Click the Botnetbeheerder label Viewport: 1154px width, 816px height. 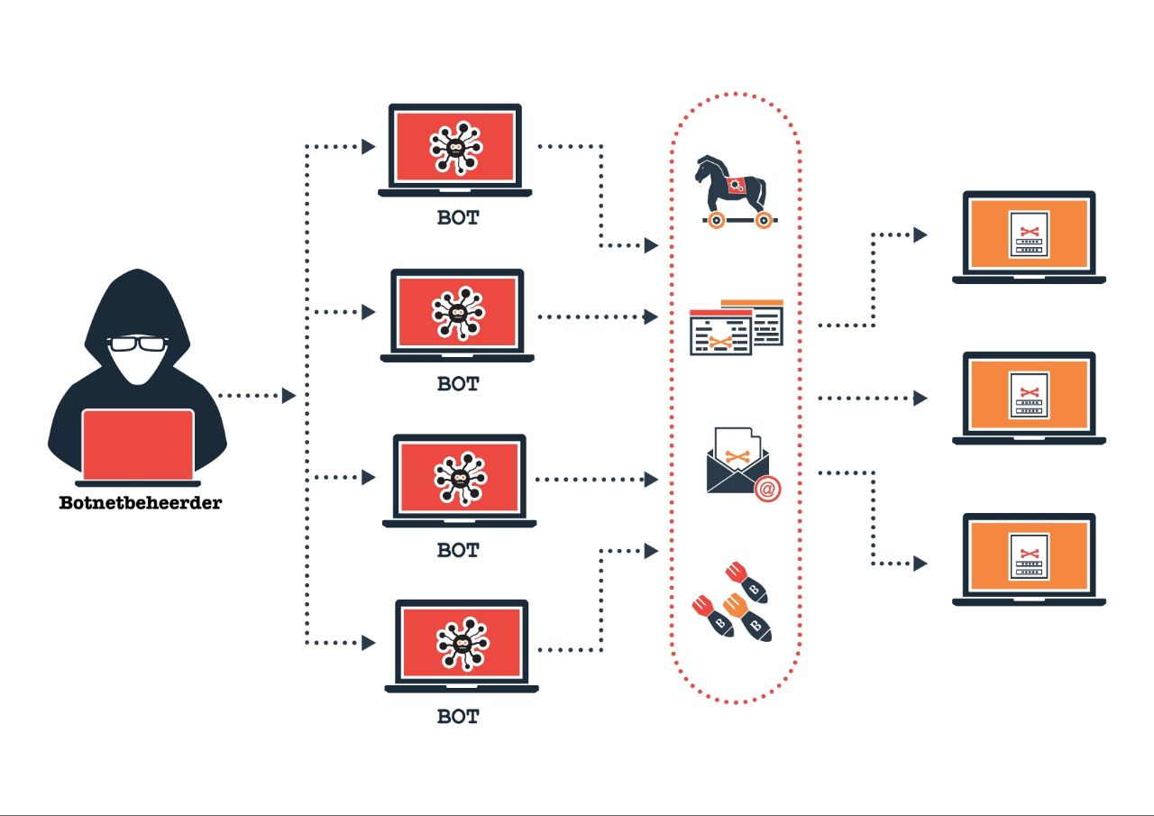pyautogui.click(x=140, y=503)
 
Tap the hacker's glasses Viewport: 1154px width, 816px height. pyautogui.click(x=138, y=344)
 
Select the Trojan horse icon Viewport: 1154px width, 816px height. pyautogui.click(x=734, y=189)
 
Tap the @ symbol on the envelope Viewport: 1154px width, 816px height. pyautogui.click(x=767, y=490)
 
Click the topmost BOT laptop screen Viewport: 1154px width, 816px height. pyautogui.click(x=455, y=146)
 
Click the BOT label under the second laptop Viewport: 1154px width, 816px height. pyautogui.click(x=458, y=383)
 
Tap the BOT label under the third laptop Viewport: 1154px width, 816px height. pyautogui.click(x=458, y=549)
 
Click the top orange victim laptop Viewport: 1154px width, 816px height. pyautogui.click(x=1029, y=234)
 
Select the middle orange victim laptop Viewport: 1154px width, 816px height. pyautogui.click(x=1029, y=396)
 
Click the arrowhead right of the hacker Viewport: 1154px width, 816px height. pyautogui.click(x=289, y=395)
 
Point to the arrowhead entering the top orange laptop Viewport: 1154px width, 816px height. pyautogui.click(x=920, y=234)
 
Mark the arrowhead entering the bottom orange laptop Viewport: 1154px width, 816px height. pyautogui.click(x=920, y=564)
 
